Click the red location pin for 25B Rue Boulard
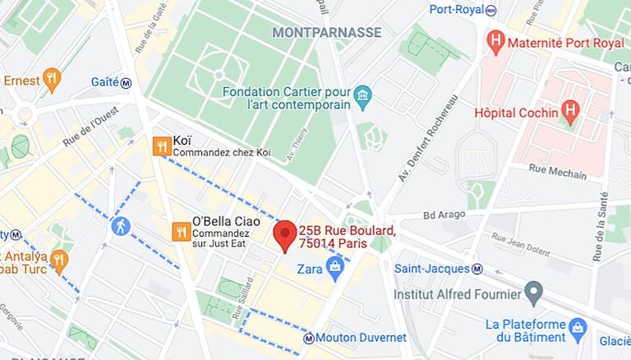pos(284,234)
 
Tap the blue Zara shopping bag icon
pos(334,265)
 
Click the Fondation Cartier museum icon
pos(362,98)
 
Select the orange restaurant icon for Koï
pos(162,146)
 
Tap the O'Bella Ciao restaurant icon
pos(181,232)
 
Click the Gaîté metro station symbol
pos(126,82)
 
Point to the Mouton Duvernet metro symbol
pos(308,338)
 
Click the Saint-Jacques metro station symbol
pos(477,269)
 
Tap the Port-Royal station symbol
pos(491,10)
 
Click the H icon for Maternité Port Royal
pos(495,40)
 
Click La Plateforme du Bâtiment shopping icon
pos(578,326)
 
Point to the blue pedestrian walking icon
pos(121,225)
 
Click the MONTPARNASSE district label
pos(326,32)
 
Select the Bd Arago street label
pos(444,215)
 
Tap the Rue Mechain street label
pos(559,173)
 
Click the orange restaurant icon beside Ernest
pos(52,80)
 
